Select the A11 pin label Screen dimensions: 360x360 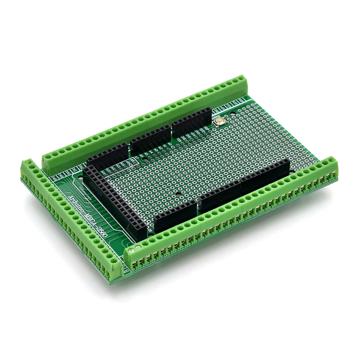[x=120, y=165]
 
